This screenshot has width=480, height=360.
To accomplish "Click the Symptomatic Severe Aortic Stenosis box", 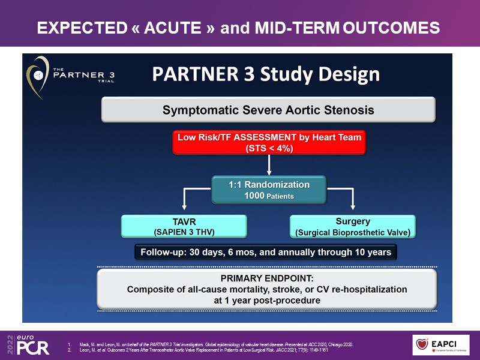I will tap(268, 110).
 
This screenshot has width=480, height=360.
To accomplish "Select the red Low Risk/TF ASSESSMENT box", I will tap(269, 143).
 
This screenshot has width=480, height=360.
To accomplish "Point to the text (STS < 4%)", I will tap(269, 148).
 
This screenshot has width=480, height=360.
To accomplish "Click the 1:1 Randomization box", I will tap(269, 190).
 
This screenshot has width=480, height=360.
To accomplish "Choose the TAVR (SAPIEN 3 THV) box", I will tap(184, 226).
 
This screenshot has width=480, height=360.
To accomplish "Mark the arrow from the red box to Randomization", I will tap(269, 166).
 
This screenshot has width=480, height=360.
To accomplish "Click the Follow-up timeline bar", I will tap(265, 252).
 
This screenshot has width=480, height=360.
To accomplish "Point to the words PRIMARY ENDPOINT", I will tap(267, 278).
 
